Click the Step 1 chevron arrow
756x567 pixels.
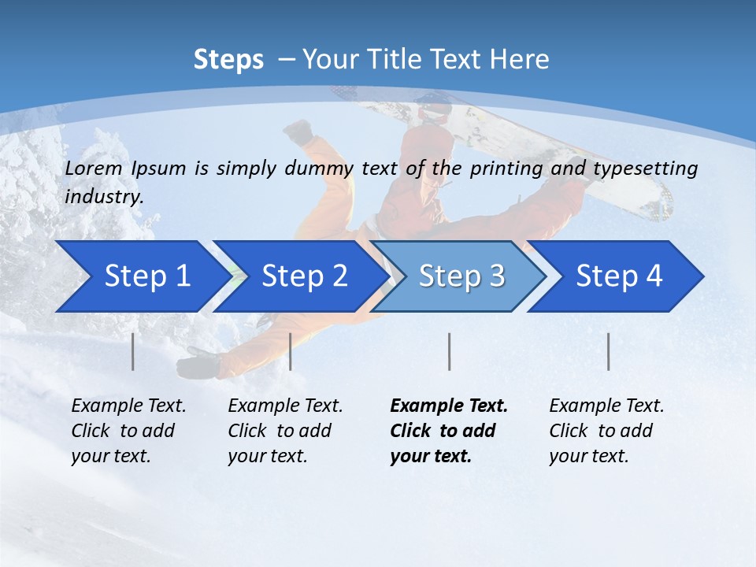(x=142, y=276)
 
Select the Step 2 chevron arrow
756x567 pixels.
(x=299, y=276)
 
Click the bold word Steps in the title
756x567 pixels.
(x=228, y=60)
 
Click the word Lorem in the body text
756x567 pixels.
(x=94, y=169)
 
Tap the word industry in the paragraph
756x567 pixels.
(x=103, y=197)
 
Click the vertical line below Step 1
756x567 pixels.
(x=133, y=351)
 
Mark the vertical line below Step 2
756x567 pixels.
(x=291, y=351)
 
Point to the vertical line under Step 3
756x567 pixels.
(x=449, y=351)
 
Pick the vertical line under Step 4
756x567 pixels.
(x=608, y=351)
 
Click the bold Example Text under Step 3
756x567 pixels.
(x=449, y=406)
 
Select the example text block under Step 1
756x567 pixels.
(x=128, y=431)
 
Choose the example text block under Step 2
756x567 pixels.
(x=285, y=431)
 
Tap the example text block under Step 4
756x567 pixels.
(x=606, y=431)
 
